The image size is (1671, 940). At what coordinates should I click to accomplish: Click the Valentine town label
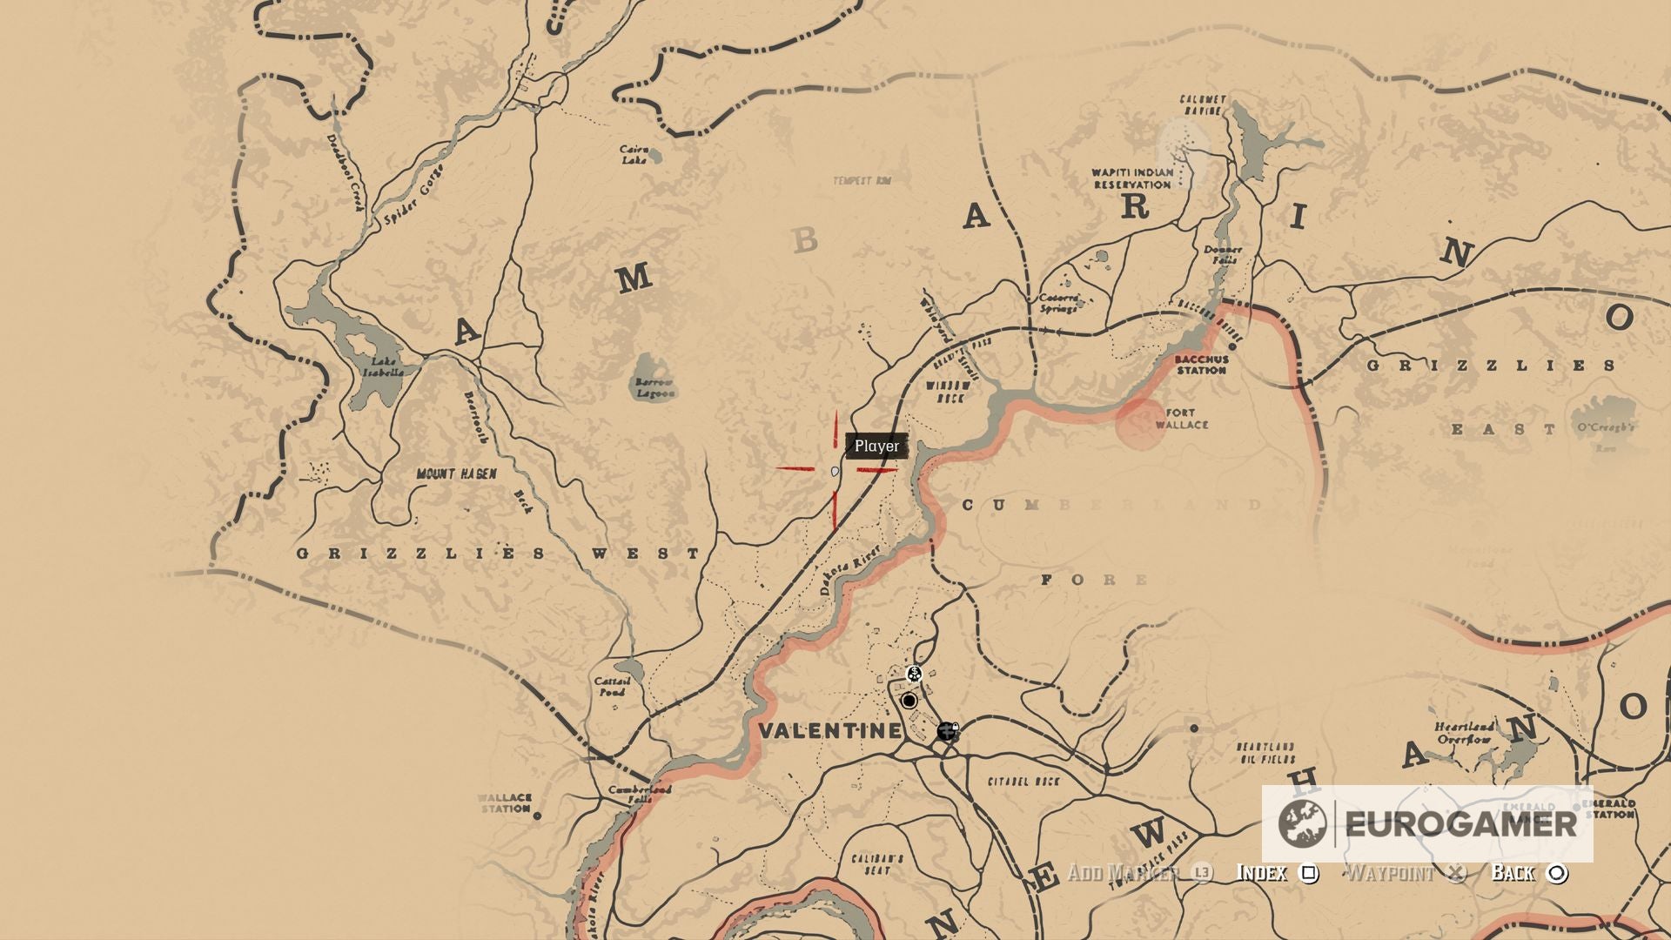829,730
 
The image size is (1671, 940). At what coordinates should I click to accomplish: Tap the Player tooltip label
876,446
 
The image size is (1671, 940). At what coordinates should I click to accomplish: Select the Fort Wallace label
1181,419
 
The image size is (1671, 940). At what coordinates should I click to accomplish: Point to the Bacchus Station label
1202,365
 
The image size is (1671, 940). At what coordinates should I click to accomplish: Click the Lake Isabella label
383,366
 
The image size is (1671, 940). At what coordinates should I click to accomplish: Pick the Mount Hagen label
456,474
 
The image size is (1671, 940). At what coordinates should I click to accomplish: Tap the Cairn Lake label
634,155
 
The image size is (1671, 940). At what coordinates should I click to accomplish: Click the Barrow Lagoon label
654,387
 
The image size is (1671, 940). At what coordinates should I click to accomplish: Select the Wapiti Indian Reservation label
1132,178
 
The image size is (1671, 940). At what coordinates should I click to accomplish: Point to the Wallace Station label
505,802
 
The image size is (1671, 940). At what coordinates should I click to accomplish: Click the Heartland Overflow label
1465,733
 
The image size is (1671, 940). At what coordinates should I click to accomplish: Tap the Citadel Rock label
1023,782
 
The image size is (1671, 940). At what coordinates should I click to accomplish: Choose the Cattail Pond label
612,687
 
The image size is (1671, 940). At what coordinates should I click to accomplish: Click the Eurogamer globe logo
1302,823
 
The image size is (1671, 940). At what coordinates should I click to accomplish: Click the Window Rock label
948,392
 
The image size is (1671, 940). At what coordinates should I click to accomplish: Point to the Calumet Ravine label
1203,105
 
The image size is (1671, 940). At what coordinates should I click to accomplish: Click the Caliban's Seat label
877,864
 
